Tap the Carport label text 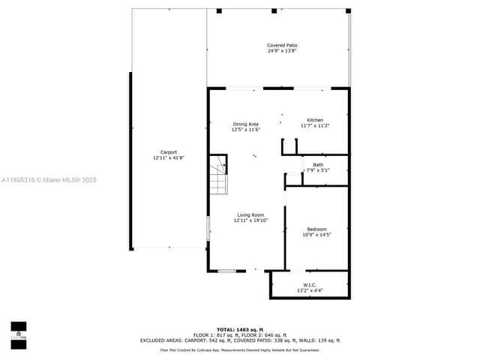[x=169, y=152]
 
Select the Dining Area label [x=245, y=124]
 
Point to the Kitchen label [x=315, y=120]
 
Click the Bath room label [x=318, y=165]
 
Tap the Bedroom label [x=316, y=229]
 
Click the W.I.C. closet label [x=310, y=284]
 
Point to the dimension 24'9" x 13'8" [x=282, y=51]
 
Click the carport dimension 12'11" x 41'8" [x=169, y=158]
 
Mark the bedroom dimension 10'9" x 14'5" [x=316, y=235]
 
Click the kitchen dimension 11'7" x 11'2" [x=315, y=126]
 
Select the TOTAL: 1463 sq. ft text [x=239, y=330]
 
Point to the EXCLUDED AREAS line [x=239, y=340]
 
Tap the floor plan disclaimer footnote [x=239, y=350]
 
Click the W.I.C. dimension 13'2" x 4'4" [x=310, y=290]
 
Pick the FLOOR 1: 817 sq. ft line [x=239, y=335]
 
